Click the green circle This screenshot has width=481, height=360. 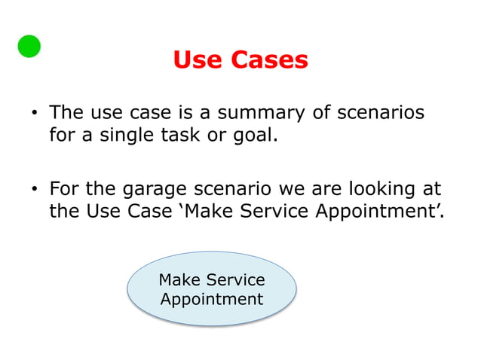pos(29,46)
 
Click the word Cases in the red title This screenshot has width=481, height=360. pos(269,60)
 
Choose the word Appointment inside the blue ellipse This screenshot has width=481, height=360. pos(212,299)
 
